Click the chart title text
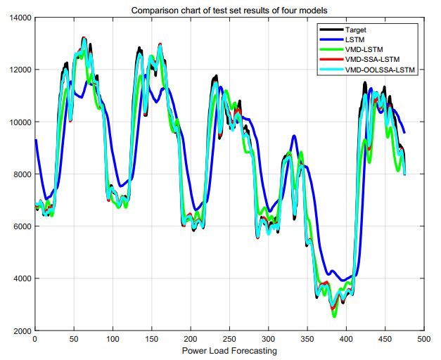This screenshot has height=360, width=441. click(x=229, y=8)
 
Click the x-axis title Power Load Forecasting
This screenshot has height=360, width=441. click(x=229, y=351)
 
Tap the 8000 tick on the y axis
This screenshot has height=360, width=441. click(x=20, y=174)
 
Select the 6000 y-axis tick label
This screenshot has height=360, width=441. click(x=20, y=226)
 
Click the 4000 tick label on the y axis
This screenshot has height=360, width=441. click(x=20, y=278)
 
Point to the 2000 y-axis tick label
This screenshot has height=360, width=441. click(x=20, y=330)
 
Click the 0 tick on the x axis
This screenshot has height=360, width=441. click(x=34, y=340)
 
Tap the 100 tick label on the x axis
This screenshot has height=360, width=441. click(x=113, y=340)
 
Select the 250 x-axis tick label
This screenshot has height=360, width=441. click(x=229, y=340)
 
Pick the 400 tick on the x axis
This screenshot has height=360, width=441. click(x=346, y=340)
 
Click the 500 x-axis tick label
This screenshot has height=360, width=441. click(x=423, y=340)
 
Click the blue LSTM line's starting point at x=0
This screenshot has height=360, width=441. click(x=35, y=140)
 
